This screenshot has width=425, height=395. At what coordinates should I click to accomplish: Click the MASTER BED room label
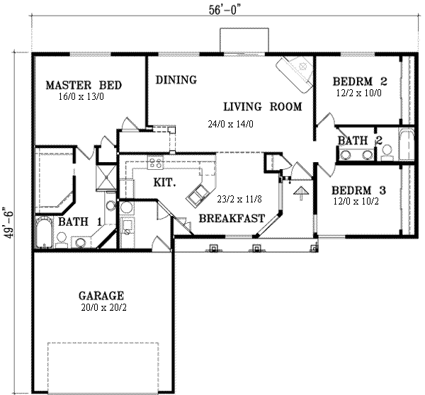pos(84,86)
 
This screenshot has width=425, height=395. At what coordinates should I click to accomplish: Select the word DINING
pos(176,80)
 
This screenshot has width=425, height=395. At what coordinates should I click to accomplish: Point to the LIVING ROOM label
pos(262,107)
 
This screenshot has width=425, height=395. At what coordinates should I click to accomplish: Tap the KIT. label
pos(164,182)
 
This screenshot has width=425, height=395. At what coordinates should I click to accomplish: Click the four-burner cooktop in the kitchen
pos(155,164)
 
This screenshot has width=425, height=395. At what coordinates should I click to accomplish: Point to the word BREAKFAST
pos(232,219)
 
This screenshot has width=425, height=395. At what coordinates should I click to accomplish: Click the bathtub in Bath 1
pos(43,230)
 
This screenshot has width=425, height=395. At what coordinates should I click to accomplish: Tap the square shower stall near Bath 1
pos(105,176)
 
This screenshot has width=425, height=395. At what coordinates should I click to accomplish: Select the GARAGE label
pos(102,295)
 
